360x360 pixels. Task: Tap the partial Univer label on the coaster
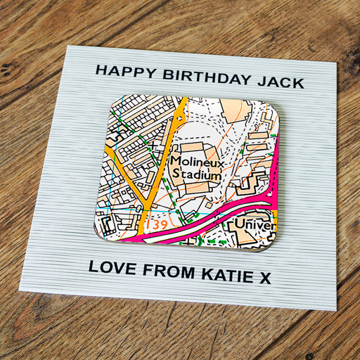click(253, 224)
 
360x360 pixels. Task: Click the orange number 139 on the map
click(158, 224)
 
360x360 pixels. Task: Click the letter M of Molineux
click(176, 162)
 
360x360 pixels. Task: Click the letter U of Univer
click(240, 224)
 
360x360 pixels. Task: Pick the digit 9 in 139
click(165, 225)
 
